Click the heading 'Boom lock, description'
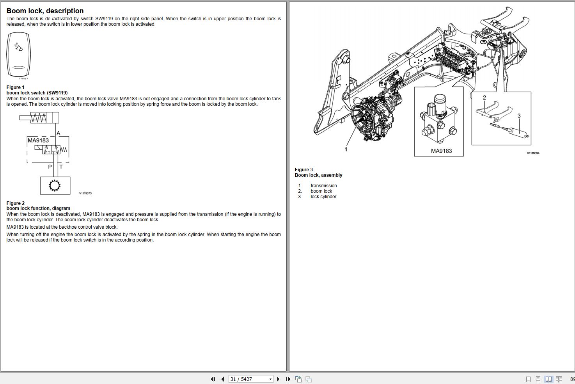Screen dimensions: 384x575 pyautogui.click(x=45, y=11)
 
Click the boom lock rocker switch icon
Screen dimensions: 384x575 pyautogui.click(x=18, y=55)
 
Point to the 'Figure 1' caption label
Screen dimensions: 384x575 pyautogui.click(x=16, y=87)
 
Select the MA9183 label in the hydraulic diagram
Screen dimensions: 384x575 pyautogui.click(x=38, y=140)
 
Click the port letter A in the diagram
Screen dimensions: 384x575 pyautogui.click(x=59, y=133)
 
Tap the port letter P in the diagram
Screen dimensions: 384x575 pyautogui.click(x=50, y=167)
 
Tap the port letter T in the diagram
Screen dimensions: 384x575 pyautogui.click(x=61, y=167)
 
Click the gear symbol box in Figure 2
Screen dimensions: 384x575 pyautogui.click(x=55, y=185)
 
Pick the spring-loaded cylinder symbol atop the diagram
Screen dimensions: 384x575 pyautogui.click(x=39, y=117)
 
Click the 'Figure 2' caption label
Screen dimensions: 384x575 pyautogui.click(x=16, y=203)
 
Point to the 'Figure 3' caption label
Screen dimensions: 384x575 pyautogui.click(x=304, y=170)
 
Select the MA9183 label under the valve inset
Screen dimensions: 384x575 pyautogui.click(x=441, y=151)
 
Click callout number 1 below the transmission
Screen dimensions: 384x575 pyautogui.click(x=346, y=149)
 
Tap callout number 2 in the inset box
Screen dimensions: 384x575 pyautogui.click(x=484, y=98)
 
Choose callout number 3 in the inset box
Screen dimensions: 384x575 pyautogui.click(x=519, y=116)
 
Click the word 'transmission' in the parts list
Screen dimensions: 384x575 pyautogui.click(x=324, y=186)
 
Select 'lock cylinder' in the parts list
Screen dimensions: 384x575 pyautogui.click(x=323, y=197)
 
